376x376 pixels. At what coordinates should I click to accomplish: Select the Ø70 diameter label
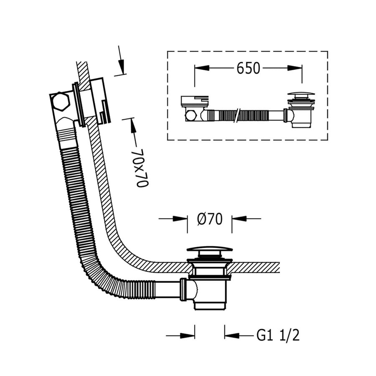[x=209, y=218]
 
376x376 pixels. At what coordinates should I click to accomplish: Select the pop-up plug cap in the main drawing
[x=209, y=250]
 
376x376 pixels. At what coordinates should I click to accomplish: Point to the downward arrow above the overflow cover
[x=121, y=65]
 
